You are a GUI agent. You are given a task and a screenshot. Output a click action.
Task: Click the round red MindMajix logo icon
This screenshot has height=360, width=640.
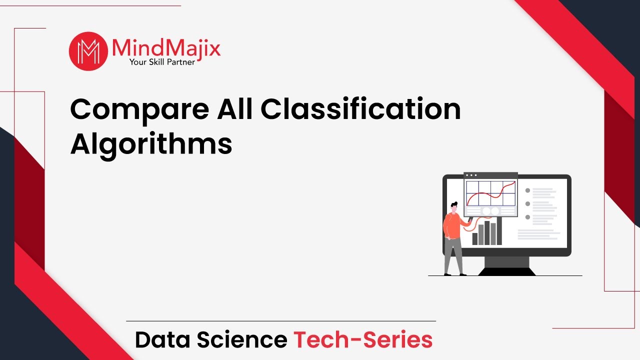[88, 51]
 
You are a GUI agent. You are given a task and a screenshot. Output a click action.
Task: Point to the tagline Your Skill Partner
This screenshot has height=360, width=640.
[162, 62]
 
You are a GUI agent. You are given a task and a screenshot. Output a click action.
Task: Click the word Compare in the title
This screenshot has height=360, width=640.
[138, 110]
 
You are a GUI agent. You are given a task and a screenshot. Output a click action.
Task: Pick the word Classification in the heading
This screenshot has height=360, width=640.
[360, 109]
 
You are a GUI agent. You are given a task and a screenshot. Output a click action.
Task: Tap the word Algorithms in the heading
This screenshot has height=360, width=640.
[151, 143]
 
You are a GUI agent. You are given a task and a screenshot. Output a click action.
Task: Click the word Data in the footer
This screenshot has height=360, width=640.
[162, 340]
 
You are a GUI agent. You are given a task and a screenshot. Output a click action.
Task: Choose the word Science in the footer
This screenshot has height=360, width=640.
[241, 340]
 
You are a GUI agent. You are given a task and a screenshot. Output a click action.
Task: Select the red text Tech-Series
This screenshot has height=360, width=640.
[363, 340]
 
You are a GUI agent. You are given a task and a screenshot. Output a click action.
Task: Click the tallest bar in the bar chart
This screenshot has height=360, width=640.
[487, 232]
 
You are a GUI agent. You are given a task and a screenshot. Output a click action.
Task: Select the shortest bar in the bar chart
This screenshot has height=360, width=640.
[475, 238]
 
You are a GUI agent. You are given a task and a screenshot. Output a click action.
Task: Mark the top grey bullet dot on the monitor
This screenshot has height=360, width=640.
[527, 190]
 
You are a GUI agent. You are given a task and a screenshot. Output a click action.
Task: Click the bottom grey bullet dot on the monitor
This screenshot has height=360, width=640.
[527, 217]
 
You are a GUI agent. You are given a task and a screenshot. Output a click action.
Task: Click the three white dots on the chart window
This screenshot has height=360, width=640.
[471, 175]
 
